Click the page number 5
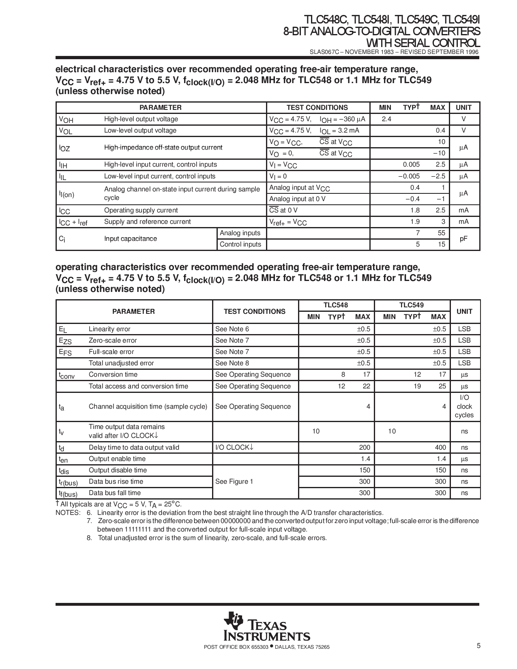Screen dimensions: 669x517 point(478,646)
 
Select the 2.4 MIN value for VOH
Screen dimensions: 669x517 point(386,119)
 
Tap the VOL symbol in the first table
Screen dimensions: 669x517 point(66,131)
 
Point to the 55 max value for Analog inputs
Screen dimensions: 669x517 point(441,233)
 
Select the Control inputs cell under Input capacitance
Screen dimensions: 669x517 point(240,244)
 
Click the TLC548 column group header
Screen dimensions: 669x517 point(335,305)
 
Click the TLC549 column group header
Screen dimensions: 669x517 point(412,305)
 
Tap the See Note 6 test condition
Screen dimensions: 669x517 point(232,329)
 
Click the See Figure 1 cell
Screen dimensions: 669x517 point(234,481)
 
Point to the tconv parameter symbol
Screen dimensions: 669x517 point(67,375)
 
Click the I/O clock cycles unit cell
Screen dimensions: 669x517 point(464,406)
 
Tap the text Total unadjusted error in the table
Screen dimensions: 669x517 point(121,363)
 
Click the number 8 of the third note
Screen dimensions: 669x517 point(89,538)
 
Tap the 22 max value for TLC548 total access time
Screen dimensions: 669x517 point(366,386)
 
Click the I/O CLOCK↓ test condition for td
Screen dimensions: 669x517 point(234,447)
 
